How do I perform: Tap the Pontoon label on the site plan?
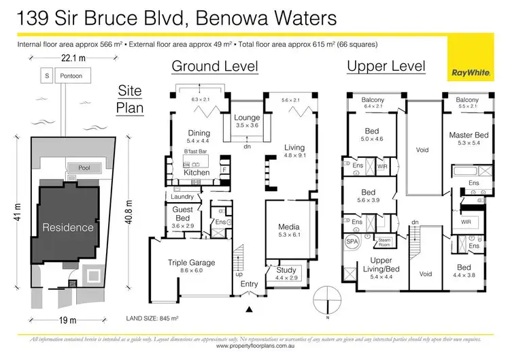click(x=71, y=76)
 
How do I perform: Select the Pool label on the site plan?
click(x=84, y=167)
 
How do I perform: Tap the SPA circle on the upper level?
click(x=353, y=240)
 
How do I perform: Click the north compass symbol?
click(x=328, y=299)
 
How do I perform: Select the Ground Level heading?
click(x=214, y=67)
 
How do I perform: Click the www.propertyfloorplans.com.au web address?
click(x=255, y=346)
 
